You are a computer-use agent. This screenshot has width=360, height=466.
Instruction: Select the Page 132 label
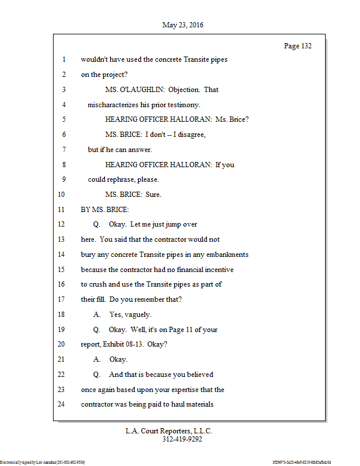(x=298, y=46)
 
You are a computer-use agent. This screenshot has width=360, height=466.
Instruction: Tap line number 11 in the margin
(x=62, y=209)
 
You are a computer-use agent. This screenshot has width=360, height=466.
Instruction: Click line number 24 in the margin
(x=62, y=404)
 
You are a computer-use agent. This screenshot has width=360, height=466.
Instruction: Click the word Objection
(x=185, y=90)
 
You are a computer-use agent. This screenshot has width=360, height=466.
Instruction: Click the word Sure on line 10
(x=153, y=195)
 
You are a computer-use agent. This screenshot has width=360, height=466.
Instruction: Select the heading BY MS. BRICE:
(x=105, y=209)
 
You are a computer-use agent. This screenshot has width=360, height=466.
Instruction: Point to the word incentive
(x=217, y=270)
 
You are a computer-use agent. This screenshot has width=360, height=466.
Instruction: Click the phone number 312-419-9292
(x=182, y=440)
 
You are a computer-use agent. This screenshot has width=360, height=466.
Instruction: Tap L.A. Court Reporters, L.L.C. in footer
(x=169, y=431)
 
